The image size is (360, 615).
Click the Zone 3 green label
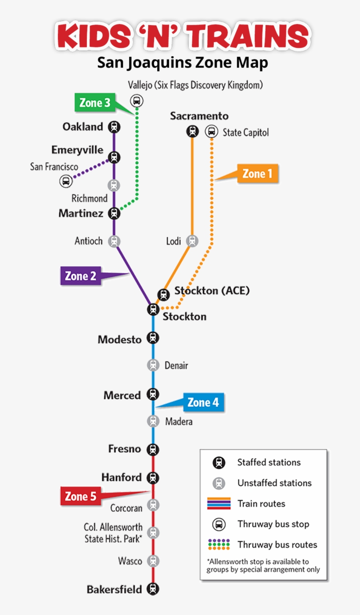(x=95, y=103)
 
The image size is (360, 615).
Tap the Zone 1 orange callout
(x=257, y=174)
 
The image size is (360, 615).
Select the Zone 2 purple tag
(x=81, y=276)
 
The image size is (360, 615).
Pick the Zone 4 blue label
(x=203, y=402)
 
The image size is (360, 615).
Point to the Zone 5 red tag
(x=80, y=497)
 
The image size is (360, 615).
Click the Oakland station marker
(x=114, y=127)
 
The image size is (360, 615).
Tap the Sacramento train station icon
(x=192, y=131)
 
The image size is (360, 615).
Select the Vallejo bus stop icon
(x=137, y=101)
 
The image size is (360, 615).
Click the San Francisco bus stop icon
(x=66, y=181)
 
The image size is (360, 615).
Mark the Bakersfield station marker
(x=153, y=589)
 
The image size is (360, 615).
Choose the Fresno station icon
(x=153, y=449)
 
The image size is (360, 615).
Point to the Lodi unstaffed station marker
(x=192, y=241)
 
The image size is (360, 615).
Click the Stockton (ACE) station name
(x=212, y=291)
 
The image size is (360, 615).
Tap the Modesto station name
(x=120, y=340)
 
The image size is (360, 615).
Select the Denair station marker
(x=153, y=365)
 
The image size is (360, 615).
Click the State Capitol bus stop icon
(x=211, y=131)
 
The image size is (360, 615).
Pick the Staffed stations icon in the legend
(x=219, y=463)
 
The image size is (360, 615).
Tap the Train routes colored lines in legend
(x=219, y=503)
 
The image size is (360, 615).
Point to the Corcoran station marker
(x=153, y=505)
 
